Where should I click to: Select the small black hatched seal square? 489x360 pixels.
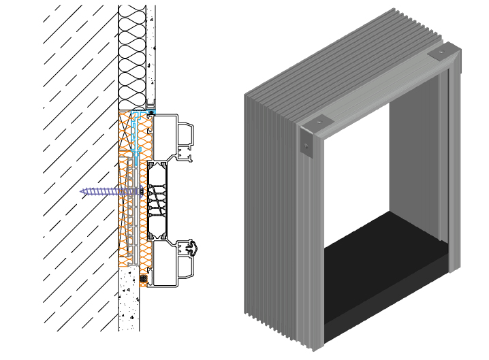point(144,278)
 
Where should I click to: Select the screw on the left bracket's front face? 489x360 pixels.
point(307,145)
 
